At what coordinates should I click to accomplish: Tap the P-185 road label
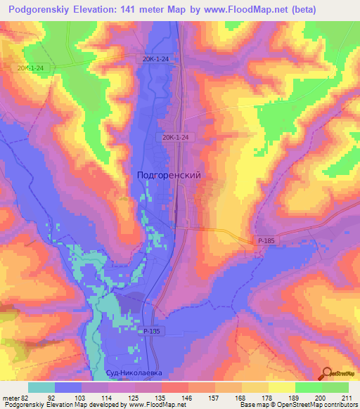pos(266,241)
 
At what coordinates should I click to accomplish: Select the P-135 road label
pos(151,330)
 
